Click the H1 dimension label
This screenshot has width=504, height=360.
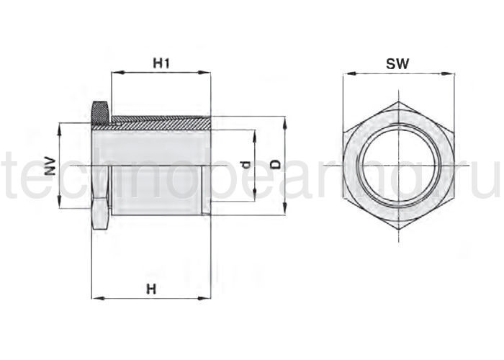(161, 63)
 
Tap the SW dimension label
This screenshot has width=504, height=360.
(397, 63)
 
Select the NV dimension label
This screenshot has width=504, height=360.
(50, 166)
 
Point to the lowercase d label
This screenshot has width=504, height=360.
(246, 165)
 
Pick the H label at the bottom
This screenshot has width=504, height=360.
(151, 289)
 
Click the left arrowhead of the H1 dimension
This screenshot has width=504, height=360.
(117, 73)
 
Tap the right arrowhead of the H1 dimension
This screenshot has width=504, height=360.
(204, 73)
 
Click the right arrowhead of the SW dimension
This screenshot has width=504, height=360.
(449, 73)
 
